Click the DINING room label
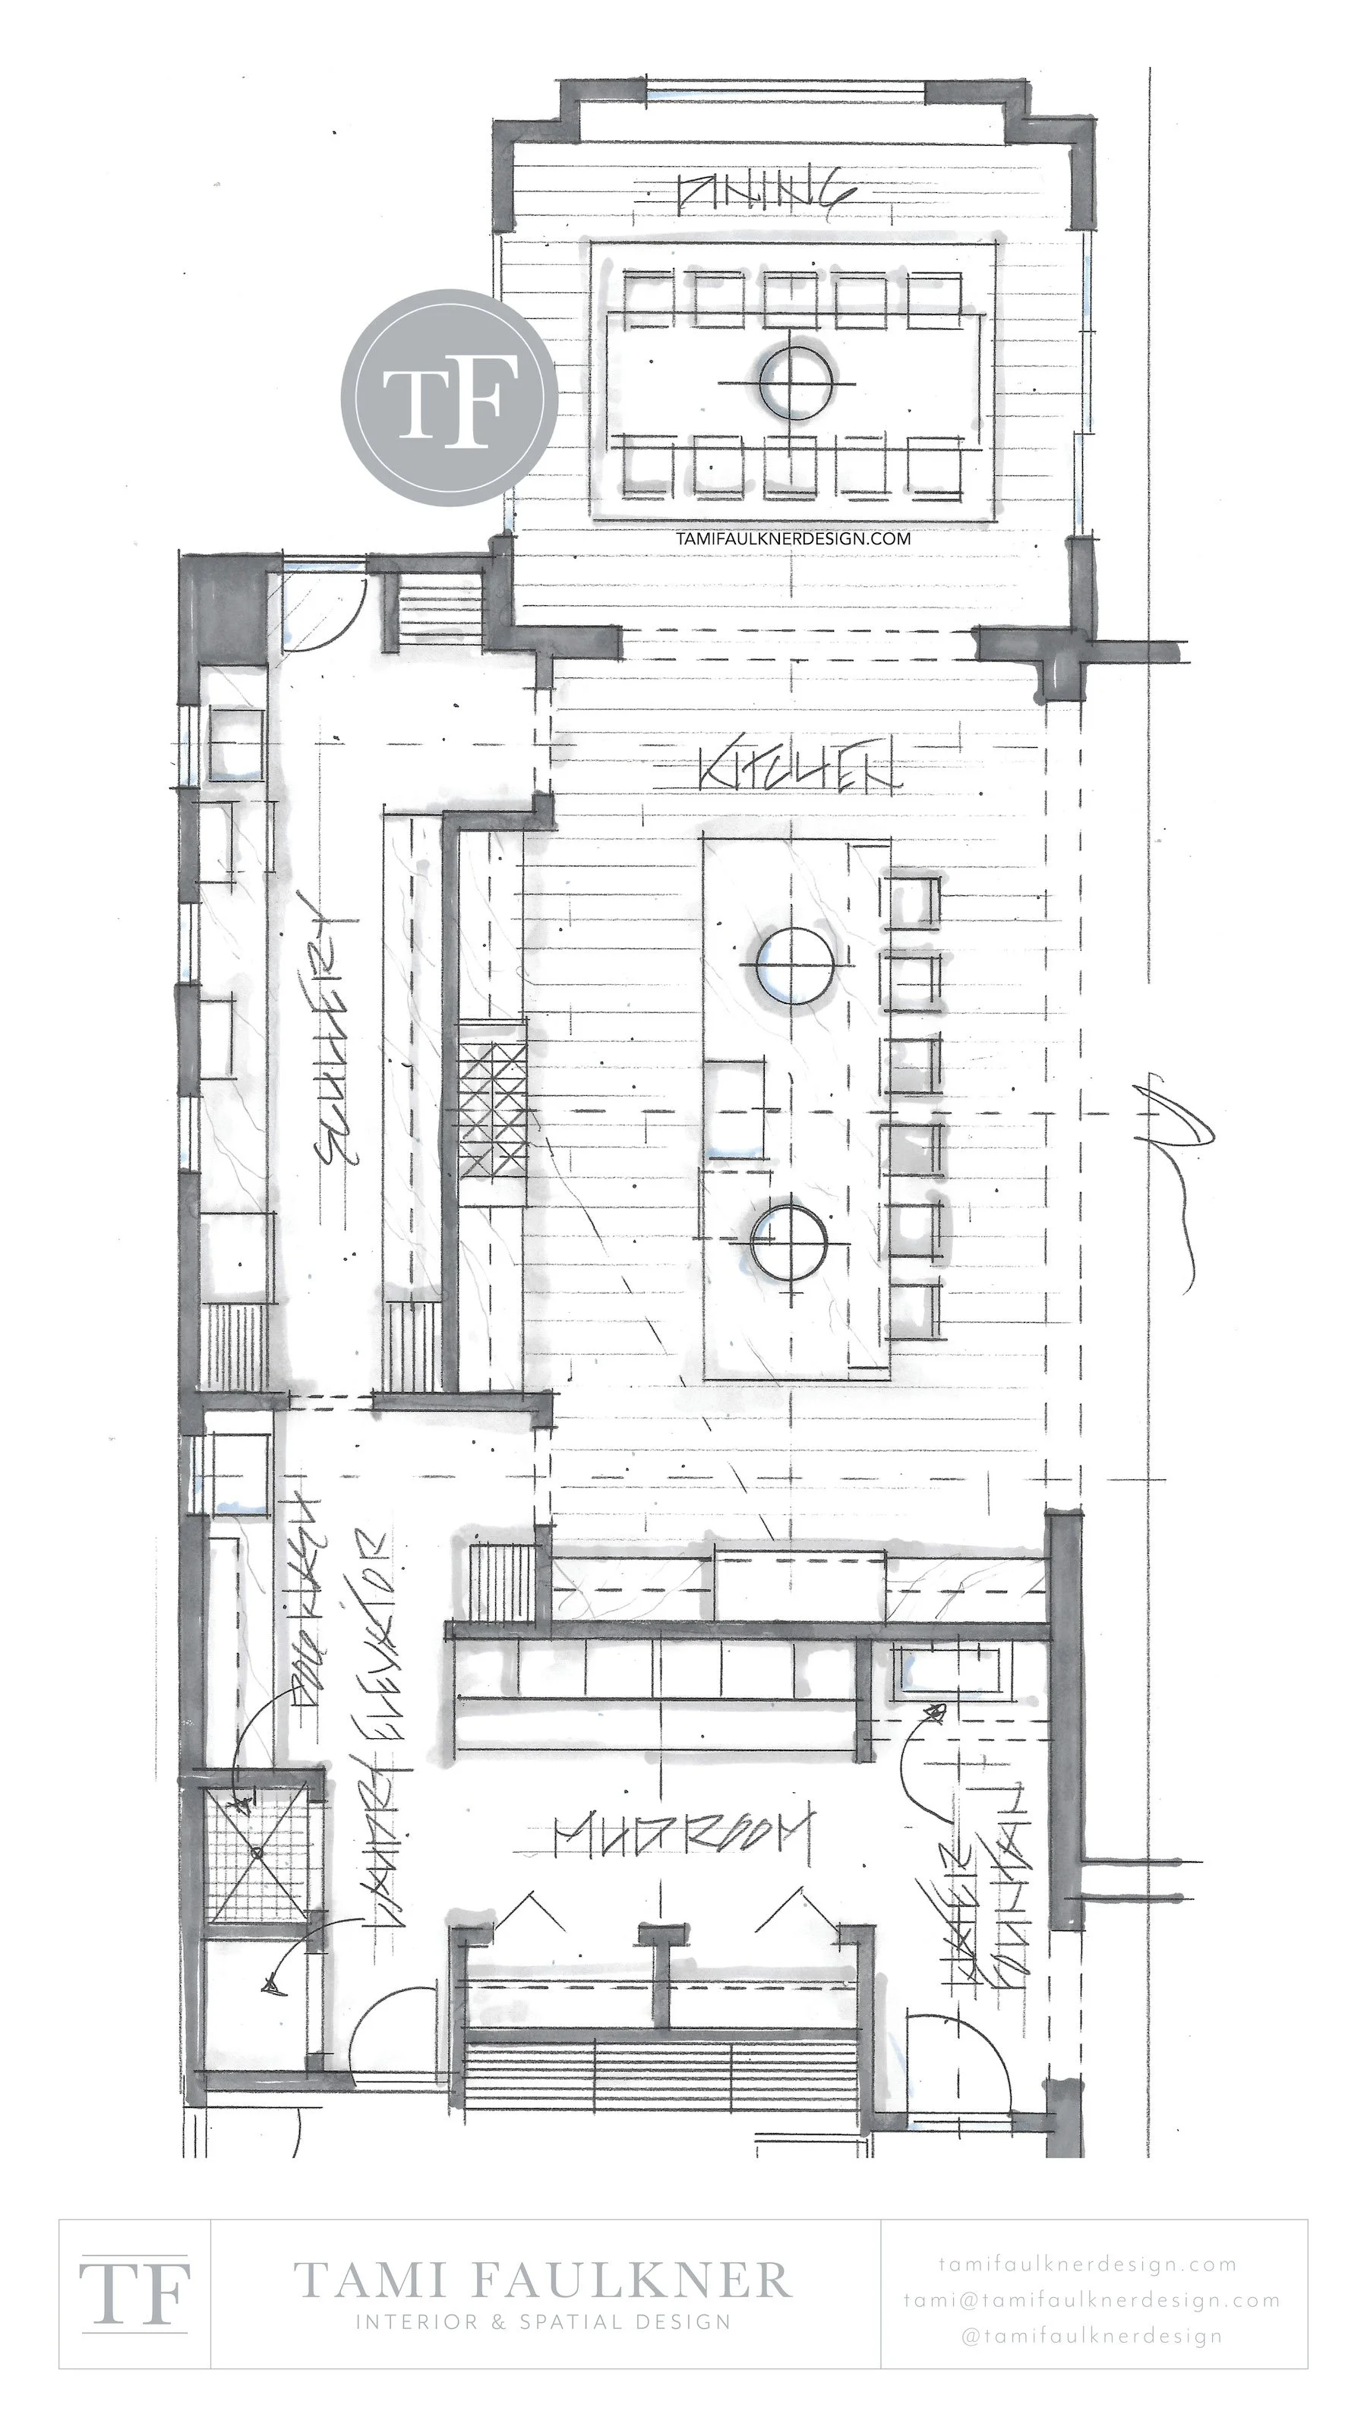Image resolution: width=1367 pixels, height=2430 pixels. pos(766,194)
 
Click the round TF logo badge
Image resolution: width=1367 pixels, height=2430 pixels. pos(449,397)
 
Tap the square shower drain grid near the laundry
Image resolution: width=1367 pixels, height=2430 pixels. pos(257,1853)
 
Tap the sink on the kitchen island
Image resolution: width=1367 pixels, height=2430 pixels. pos(735,1109)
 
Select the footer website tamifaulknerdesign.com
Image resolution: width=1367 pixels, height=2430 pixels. pos(1088,2263)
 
